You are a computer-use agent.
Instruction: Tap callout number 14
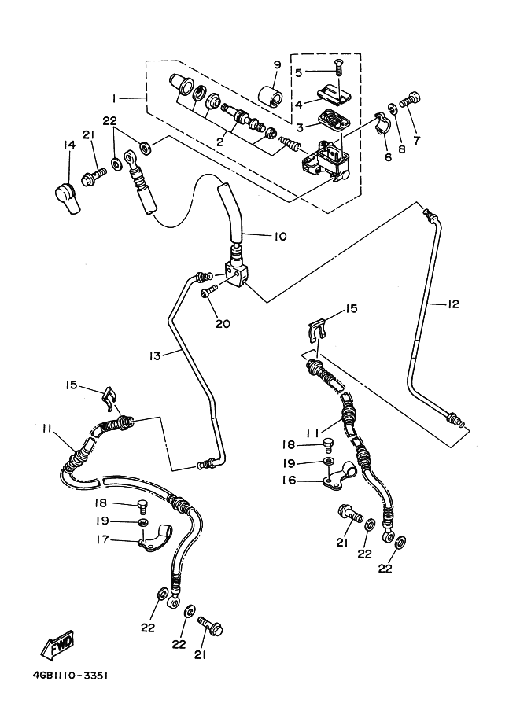coord(68,144)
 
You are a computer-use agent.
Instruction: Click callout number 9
coord(277,64)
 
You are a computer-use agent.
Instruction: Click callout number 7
coord(417,140)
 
